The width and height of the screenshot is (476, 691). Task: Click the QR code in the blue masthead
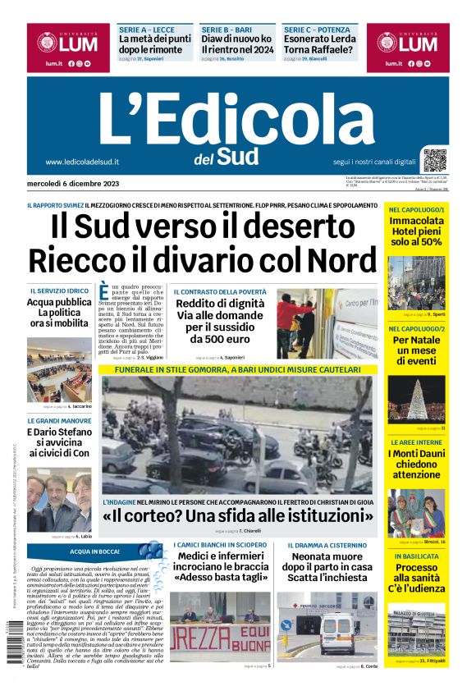pos(435,159)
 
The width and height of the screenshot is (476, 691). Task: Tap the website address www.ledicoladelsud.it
pos(83,162)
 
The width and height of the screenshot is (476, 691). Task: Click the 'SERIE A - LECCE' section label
pos(145,29)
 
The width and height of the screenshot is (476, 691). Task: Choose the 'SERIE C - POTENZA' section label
pos(317,29)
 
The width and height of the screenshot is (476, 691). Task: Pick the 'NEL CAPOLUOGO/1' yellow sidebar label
pos(417,210)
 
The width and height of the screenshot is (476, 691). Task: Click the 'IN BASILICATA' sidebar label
pos(416,556)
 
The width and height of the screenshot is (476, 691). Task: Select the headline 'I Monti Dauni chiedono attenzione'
pos(416,464)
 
